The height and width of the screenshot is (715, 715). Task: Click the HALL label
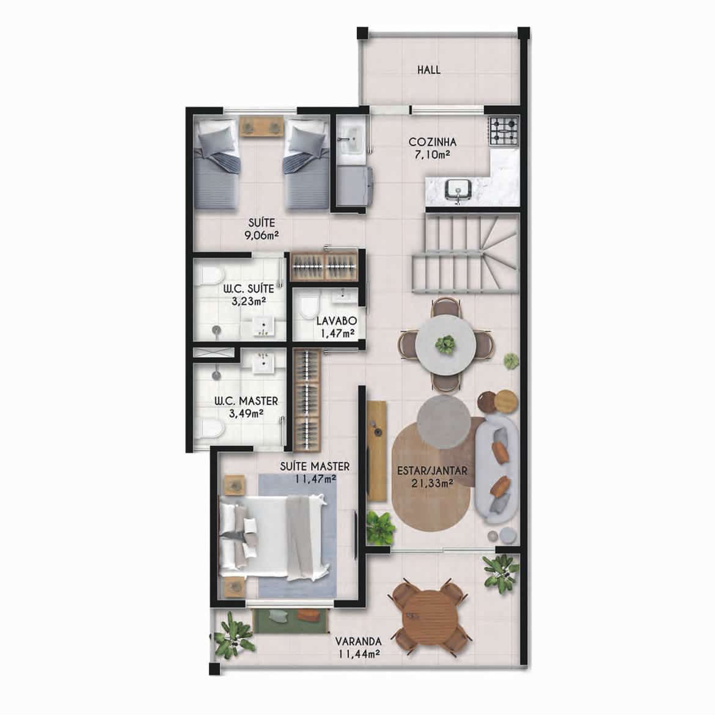428,70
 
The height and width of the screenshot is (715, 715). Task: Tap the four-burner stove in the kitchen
504,131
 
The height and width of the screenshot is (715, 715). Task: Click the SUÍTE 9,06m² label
262,229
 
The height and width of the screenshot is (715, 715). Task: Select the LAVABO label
337,321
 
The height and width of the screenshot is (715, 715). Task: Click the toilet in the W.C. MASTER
211,428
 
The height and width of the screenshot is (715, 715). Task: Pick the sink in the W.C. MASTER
263,363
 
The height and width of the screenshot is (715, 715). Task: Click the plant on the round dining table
445,344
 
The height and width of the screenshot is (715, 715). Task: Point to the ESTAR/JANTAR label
432,471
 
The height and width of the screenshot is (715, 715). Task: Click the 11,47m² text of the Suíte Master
315,479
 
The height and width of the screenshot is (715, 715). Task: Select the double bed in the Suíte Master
274,537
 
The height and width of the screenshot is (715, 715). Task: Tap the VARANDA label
358,641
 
